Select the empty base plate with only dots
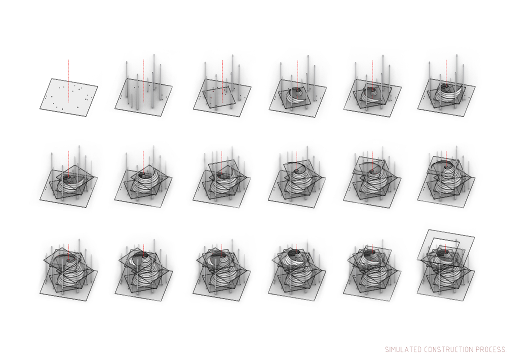(x=68, y=97)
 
